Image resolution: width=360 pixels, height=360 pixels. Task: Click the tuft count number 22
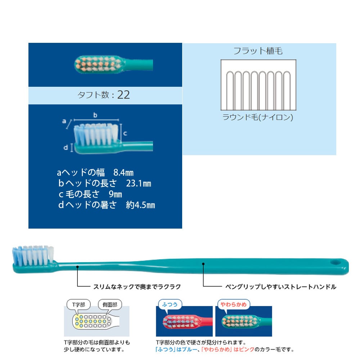pyautogui.click(x=123, y=95)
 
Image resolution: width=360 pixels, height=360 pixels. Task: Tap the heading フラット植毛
pyautogui.click(x=258, y=51)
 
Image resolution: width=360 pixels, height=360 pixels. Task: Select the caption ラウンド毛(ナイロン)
pyautogui.click(x=258, y=117)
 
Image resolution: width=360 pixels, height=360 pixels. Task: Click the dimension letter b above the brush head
pyautogui.click(x=95, y=115)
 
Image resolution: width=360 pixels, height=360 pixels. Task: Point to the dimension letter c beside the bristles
pyautogui.click(x=125, y=133)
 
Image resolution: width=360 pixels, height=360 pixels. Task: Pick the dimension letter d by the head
pyautogui.click(x=66, y=148)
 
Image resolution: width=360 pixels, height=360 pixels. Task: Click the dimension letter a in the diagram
pyautogui.click(x=64, y=121)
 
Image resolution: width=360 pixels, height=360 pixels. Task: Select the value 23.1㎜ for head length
pyautogui.click(x=139, y=184)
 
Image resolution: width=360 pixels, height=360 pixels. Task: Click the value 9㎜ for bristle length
pyautogui.click(x=115, y=194)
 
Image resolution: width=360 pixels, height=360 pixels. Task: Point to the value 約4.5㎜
pyautogui.click(x=140, y=205)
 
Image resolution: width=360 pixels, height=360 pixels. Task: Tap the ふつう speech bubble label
pyautogui.click(x=169, y=304)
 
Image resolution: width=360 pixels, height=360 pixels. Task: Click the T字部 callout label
pyautogui.click(x=78, y=304)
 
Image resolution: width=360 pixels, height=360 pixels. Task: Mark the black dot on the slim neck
pyautogui.click(x=77, y=267)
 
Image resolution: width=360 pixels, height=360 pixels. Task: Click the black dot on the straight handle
pyautogui.click(x=203, y=264)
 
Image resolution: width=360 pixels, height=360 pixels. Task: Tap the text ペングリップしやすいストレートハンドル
pyautogui.click(x=281, y=287)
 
